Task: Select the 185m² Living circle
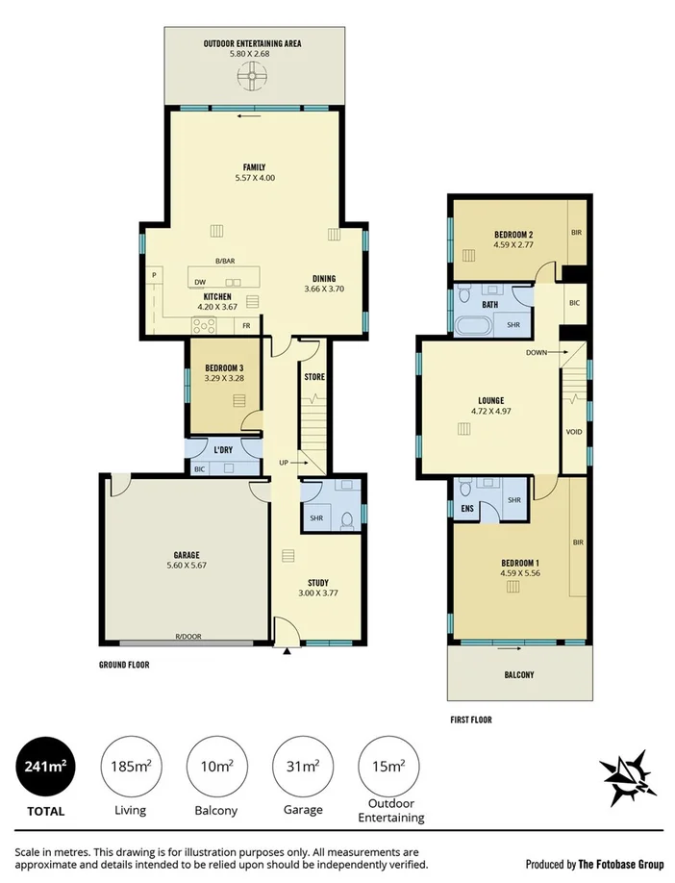(130, 767)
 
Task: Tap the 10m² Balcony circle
(216, 767)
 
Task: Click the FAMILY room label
(254, 166)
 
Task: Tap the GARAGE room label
(186, 555)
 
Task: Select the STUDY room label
(318, 582)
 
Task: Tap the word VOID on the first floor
(575, 432)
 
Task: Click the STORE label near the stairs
(314, 377)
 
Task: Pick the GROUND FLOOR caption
(124, 665)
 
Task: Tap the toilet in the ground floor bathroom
(346, 519)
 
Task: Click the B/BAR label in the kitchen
(224, 262)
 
